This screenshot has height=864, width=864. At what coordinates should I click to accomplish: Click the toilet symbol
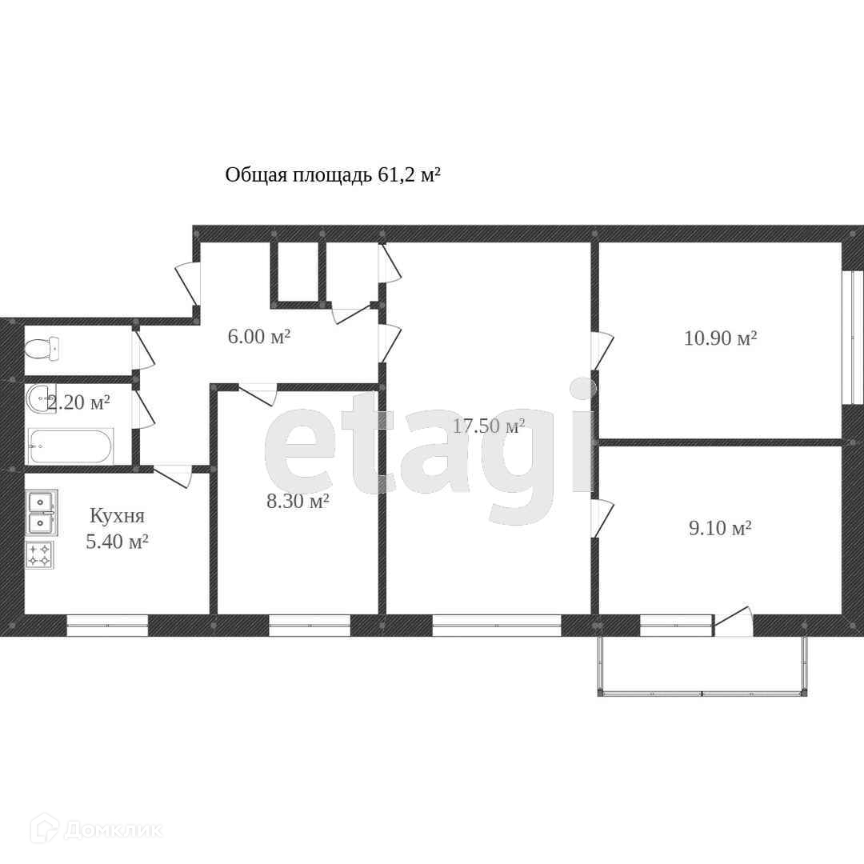coord(42,348)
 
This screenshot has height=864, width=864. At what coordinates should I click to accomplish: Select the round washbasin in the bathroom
coord(40,398)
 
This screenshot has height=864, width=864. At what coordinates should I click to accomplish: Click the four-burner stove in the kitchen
coord(39,554)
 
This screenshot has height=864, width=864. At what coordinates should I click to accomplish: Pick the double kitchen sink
coord(42,513)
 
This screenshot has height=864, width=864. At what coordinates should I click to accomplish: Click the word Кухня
coord(117,516)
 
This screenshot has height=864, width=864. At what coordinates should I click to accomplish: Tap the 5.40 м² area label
coord(117,541)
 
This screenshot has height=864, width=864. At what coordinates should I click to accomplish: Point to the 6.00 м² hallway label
coord(259,336)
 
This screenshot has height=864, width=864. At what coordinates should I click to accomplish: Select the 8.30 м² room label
coord(298,502)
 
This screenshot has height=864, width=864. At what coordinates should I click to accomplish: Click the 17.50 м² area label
coord(489,426)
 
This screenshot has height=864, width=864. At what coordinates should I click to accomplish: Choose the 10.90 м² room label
coord(720,338)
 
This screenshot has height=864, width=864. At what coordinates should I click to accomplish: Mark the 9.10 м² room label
coord(720,529)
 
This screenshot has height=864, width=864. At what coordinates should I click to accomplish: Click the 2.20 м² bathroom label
coord(78,402)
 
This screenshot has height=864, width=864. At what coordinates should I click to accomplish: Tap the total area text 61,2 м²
coord(409,175)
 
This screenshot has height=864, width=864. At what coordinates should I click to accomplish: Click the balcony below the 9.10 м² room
coord(702,666)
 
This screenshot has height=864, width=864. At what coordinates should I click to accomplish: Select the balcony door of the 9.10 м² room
coord(734,622)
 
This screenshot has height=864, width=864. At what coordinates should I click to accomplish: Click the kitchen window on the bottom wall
coord(107,626)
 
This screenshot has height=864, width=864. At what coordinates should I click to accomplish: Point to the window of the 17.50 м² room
coord(497,626)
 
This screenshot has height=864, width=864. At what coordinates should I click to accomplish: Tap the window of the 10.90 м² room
coord(852,338)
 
